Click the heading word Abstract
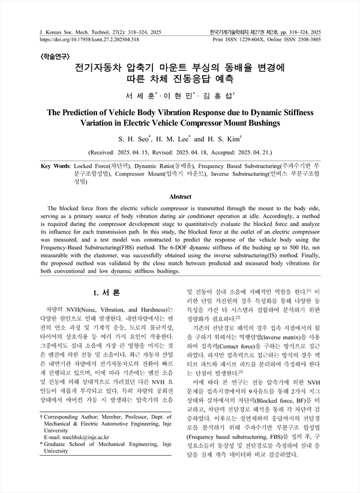pos(180,196)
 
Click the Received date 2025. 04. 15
pos(151,152)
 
